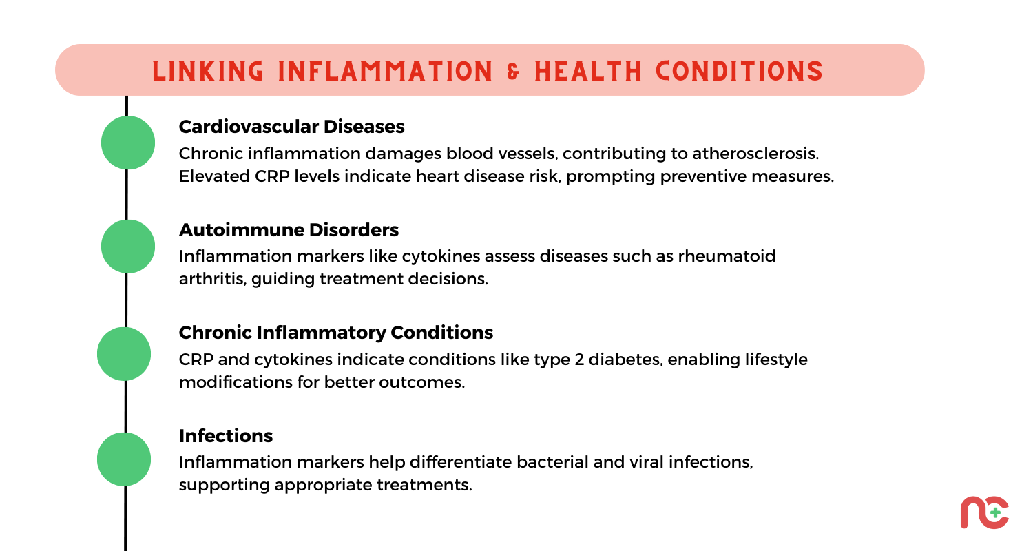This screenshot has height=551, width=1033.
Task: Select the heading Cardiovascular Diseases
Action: pyautogui.click(x=291, y=127)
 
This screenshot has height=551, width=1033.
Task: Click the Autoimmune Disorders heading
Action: pyautogui.click(x=289, y=229)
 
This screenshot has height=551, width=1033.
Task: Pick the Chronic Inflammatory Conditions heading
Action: pyautogui.click(x=336, y=333)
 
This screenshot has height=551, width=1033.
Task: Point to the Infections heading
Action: pyautogui.click(x=226, y=436)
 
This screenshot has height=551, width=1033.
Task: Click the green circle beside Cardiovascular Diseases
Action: pyautogui.click(x=128, y=143)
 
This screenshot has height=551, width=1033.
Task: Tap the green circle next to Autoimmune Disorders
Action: pyautogui.click(x=128, y=246)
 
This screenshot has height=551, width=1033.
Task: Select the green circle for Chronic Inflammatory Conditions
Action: pyautogui.click(x=124, y=354)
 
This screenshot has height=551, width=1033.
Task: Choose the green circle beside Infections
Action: pyautogui.click(x=124, y=459)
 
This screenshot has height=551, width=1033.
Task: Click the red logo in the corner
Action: pyautogui.click(x=985, y=512)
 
